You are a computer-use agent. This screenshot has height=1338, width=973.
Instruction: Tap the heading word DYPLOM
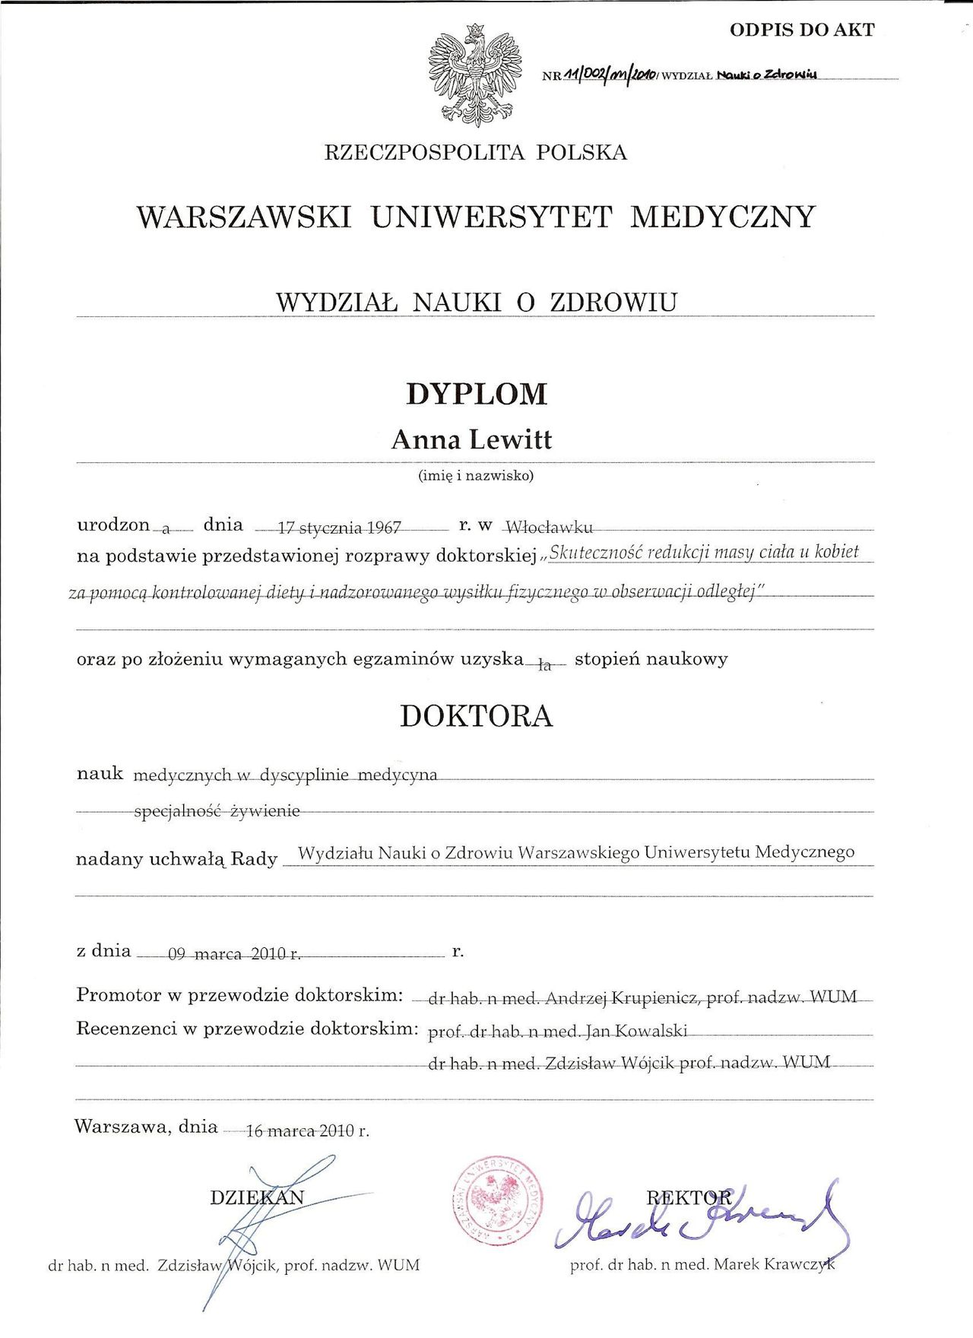pos(477,394)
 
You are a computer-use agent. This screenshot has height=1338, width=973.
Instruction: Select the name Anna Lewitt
pos(471,439)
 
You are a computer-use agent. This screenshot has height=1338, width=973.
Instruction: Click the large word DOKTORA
pos(477,716)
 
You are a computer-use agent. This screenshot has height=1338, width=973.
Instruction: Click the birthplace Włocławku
pos(549,526)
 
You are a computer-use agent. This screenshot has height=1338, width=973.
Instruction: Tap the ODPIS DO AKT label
pos(802,30)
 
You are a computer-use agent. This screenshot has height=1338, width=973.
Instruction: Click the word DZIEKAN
pos(257,1197)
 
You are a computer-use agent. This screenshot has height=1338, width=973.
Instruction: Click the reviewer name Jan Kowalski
pos(636,1032)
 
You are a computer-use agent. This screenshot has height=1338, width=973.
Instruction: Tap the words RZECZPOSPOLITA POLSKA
pos(476,153)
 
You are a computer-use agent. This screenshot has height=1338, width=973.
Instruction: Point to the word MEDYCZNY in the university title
pos(723,217)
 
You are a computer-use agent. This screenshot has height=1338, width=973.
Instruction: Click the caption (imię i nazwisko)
pos(477,477)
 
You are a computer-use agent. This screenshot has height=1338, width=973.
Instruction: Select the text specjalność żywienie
pos(217,811)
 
